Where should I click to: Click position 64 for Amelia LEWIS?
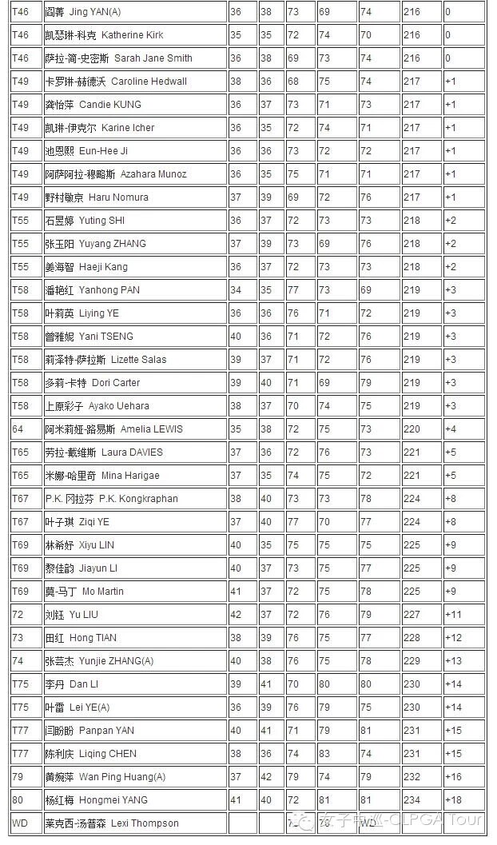point(18,429)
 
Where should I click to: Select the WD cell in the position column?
point(19,823)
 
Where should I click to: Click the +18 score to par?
point(453,800)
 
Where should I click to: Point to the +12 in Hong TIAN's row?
point(453,638)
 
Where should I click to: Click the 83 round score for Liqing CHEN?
point(324,754)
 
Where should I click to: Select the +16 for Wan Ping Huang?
point(453,777)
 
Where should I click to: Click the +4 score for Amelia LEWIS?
point(451,429)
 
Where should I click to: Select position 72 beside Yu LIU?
point(18,615)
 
